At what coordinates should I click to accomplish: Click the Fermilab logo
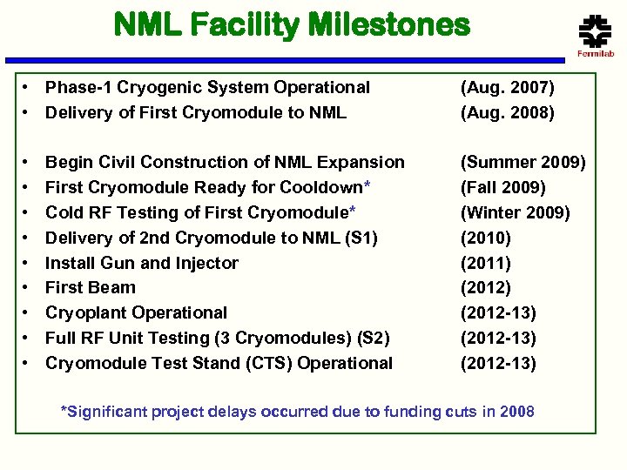tap(596, 35)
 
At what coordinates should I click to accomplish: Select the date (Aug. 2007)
tap(507, 87)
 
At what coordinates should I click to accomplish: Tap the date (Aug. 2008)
tap(507, 112)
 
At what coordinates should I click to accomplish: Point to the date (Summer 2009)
tap(523, 162)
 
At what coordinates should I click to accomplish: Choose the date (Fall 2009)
tap(503, 187)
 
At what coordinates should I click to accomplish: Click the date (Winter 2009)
tap(515, 212)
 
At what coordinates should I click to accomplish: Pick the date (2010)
tap(486, 238)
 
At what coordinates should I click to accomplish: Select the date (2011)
tap(486, 263)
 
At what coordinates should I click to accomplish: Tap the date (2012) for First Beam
tap(486, 288)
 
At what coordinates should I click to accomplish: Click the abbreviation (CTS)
tap(266, 363)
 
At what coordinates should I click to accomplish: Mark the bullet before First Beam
tap(29, 288)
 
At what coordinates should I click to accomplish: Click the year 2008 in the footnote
tap(516, 412)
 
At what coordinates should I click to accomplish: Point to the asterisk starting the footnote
tap(63, 410)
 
